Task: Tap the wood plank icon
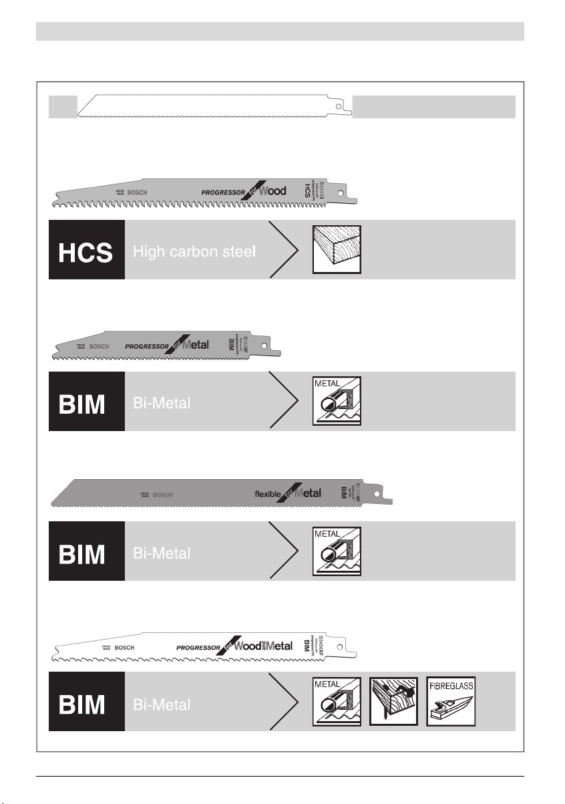pos(337,249)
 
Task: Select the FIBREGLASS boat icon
pos(451,701)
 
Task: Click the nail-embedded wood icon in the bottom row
pos(394,701)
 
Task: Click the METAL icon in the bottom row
pos(337,701)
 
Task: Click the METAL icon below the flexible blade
pos(337,551)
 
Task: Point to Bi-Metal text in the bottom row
pos(162,704)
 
